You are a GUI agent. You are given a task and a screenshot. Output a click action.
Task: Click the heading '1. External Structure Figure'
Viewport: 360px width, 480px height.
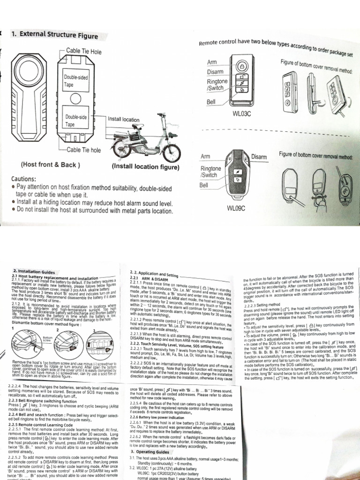coord(54,36)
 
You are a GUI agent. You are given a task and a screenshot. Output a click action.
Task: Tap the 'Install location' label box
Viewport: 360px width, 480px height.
coord(123,120)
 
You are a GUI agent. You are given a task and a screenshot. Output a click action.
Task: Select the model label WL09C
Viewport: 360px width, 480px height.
coord(236,208)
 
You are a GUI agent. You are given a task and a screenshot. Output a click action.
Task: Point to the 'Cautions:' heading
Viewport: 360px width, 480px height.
coord(30,180)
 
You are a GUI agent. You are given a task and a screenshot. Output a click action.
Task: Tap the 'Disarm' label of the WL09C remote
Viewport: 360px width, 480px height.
coord(259,156)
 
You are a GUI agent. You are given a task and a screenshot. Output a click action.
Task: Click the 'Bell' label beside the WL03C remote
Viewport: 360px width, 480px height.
coord(212,101)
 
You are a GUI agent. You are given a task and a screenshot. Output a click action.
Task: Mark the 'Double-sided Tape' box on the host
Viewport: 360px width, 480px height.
coord(76,80)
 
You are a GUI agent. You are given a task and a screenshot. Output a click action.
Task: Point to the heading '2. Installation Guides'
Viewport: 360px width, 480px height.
coord(35,271)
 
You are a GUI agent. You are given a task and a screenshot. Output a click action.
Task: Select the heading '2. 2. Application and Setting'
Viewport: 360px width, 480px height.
coord(154,272)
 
